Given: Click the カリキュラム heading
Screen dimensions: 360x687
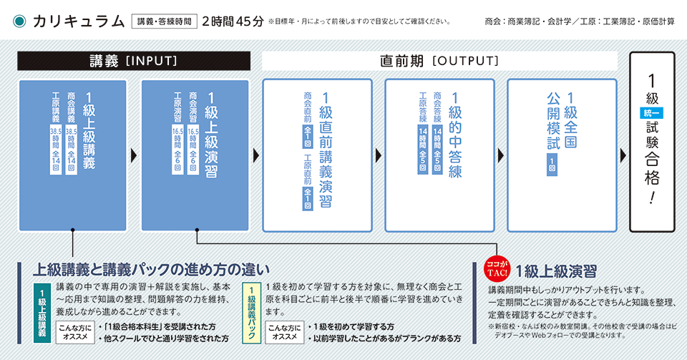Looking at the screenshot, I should (79, 21).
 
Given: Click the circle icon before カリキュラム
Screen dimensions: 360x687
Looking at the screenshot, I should (20, 21).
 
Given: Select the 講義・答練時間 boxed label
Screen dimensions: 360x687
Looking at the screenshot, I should (165, 21).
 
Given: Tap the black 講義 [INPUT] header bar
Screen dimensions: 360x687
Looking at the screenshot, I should (133, 62).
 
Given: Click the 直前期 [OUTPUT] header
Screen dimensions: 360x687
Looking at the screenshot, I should (439, 62).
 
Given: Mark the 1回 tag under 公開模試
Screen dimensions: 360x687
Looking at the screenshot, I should (551, 169).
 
